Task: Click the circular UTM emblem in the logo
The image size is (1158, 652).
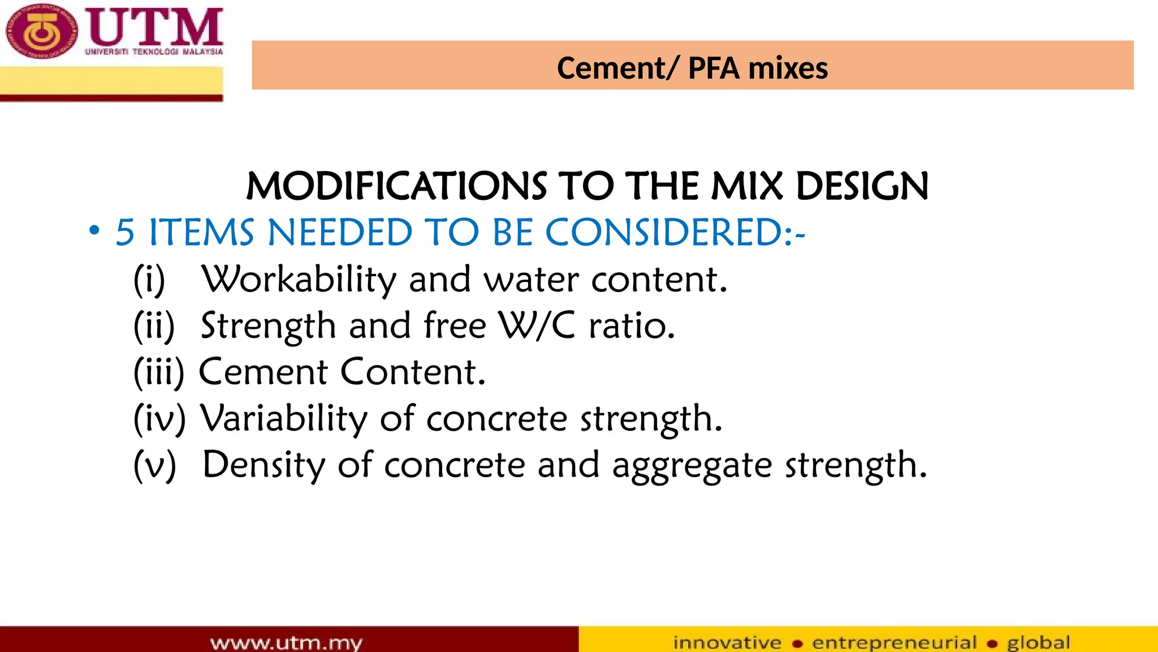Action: coord(41,32)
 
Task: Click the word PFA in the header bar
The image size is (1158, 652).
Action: coord(714,68)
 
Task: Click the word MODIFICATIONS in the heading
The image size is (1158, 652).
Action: coord(396,186)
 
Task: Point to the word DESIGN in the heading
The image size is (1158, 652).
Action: coord(862,186)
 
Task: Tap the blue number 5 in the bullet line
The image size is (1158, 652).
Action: coord(125,233)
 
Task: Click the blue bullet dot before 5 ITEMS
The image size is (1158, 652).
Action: coord(94,230)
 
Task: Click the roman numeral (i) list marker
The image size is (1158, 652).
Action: coord(149,280)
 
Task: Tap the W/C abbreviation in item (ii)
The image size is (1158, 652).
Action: coord(537,326)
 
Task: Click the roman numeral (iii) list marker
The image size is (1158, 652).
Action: coord(159,372)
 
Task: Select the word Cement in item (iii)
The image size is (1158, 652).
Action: coord(263,372)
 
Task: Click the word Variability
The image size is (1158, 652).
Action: coord(284,419)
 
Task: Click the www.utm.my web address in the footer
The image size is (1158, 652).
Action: coord(286,643)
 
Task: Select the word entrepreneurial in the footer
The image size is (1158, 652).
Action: coord(895,643)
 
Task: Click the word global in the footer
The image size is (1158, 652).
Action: coord(1038,643)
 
